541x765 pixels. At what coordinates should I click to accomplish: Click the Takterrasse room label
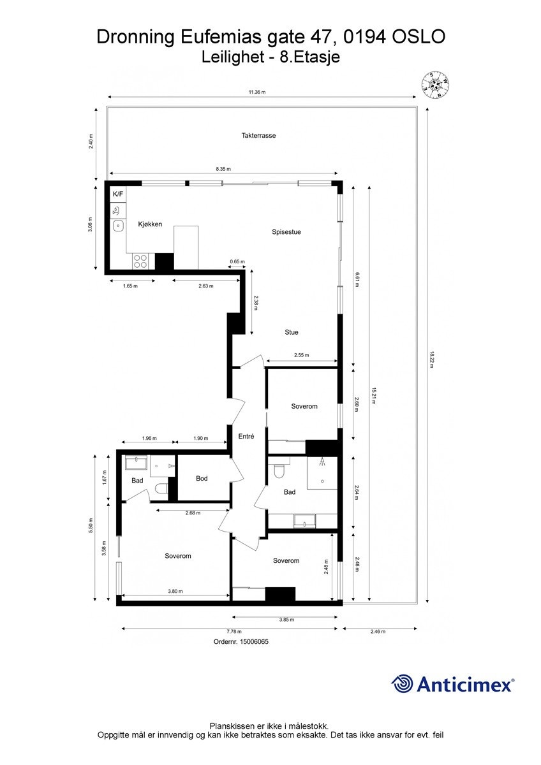258,136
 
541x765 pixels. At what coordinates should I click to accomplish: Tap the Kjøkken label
150,224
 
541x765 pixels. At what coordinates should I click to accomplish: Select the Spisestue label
286,232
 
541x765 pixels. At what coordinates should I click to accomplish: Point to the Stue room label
292,332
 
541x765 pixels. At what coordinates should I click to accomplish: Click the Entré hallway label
246,437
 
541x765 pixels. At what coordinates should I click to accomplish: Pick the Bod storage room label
202,479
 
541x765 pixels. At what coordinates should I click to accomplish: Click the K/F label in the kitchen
118,194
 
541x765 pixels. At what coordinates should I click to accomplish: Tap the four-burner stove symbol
140,261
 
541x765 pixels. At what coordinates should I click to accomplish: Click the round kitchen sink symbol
118,225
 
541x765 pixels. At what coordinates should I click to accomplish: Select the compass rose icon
436,85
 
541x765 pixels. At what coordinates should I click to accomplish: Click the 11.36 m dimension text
257,92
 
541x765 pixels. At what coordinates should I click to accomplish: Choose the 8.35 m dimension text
223,169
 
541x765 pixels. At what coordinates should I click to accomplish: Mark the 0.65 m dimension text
237,262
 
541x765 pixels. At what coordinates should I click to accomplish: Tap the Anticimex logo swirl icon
403,684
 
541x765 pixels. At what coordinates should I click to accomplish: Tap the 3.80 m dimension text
175,592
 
